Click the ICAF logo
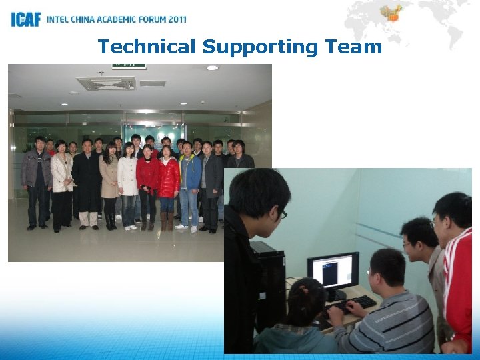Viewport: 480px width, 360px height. (25, 19)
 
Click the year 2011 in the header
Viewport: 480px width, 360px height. (173, 19)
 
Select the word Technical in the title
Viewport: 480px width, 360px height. (147, 47)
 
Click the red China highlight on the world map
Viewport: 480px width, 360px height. (391, 13)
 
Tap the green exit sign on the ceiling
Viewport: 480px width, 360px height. (129, 65)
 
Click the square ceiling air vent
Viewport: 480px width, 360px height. (106, 83)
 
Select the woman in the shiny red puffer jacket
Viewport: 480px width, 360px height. (168, 177)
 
